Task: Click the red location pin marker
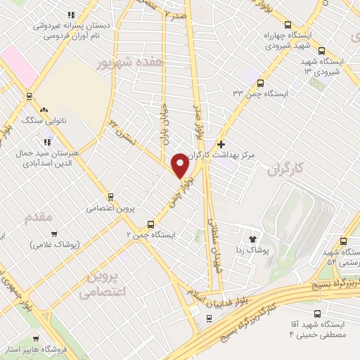pyautogui.click(x=180, y=166)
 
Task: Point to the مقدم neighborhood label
pyautogui.click(x=39, y=217)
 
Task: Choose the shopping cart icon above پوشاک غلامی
pyautogui.click(x=54, y=233)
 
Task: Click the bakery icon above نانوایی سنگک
pyautogui.click(x=44, y=110)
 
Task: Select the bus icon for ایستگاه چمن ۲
pyautogui.click(x=150, y=225)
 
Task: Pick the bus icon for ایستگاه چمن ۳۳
pyautogui.click(x=261, y=83)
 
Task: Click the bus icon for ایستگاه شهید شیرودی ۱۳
pyautogui.click(x=321, y=51)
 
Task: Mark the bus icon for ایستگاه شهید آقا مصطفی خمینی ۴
pyautogui.click(x=317, y=314)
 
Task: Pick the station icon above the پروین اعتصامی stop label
pyautogui.click(x=110, y=197)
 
